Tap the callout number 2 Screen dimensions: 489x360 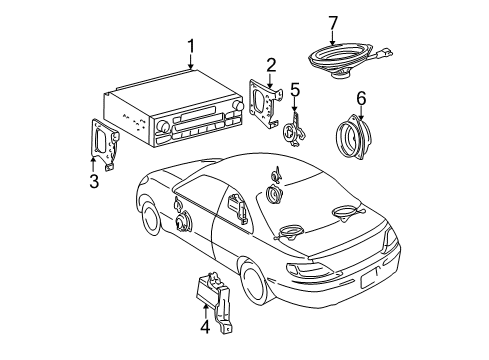pyautogui.click(x=271, y=65)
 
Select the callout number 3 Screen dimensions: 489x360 pyautogui.click(x=94, y=182)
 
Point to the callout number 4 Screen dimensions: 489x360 pyautogui.click(x=205, y=327)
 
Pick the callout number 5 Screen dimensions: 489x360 pyautogui.click(x=295, y=90)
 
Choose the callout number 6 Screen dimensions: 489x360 pyautogui.click(x=361, y=98)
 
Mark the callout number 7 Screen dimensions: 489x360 pyautogui.click(x=333, y=23)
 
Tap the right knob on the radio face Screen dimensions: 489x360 pyautogui.click(x=239, y=105)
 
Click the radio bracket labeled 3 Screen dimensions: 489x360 pyautogui.click(x=105, y=144)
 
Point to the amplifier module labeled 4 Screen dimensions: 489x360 pyautogui.click(x=214, y=300)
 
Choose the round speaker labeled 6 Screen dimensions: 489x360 pyautogui.click(x=353, y=137)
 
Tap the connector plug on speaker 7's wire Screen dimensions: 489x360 pyautogui.click(x=386, y=53)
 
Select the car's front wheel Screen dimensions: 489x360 pyautogui.click(x=152, y=218)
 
